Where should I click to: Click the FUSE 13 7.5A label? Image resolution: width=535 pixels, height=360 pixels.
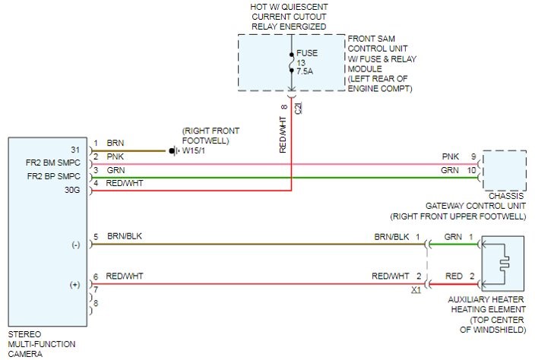tap(307, 65)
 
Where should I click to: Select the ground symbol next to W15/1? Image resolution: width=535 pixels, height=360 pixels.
tap(173, 150)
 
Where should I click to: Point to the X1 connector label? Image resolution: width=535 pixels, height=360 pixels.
tap(415, 289)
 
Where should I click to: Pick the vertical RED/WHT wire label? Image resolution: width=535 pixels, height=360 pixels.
tap(283, 134)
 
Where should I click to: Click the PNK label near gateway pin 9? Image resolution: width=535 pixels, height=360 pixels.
tap(451, 156)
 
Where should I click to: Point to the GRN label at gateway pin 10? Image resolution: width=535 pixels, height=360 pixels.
tap(451, 171)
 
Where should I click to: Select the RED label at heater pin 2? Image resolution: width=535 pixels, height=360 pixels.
tap(454, 276)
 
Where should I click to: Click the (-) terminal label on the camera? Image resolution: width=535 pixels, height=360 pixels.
tap(75, 245)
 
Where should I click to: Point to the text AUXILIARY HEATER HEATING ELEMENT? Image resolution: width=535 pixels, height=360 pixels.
tap(486, 304)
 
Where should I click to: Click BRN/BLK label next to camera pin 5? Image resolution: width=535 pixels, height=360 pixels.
tap(124, 236)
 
